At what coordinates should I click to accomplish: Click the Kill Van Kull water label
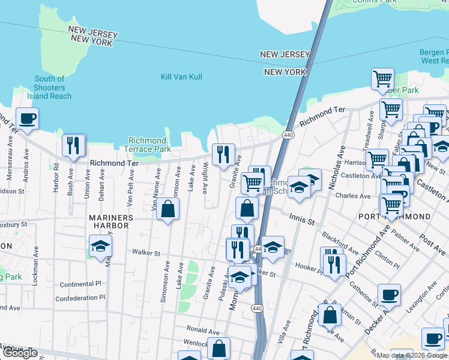coord(181,77)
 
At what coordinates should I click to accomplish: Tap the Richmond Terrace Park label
coord(146,145)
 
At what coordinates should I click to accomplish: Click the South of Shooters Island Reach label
coord(50,88)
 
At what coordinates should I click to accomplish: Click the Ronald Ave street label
coord(203,330)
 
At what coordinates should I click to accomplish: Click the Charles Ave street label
coord(353,196)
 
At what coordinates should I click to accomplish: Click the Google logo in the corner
coord(20,353)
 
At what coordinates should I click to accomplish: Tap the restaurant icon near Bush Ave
coord(73,146)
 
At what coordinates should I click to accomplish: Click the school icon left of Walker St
coord(100,247)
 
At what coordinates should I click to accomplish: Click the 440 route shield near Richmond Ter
coord(288,136)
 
